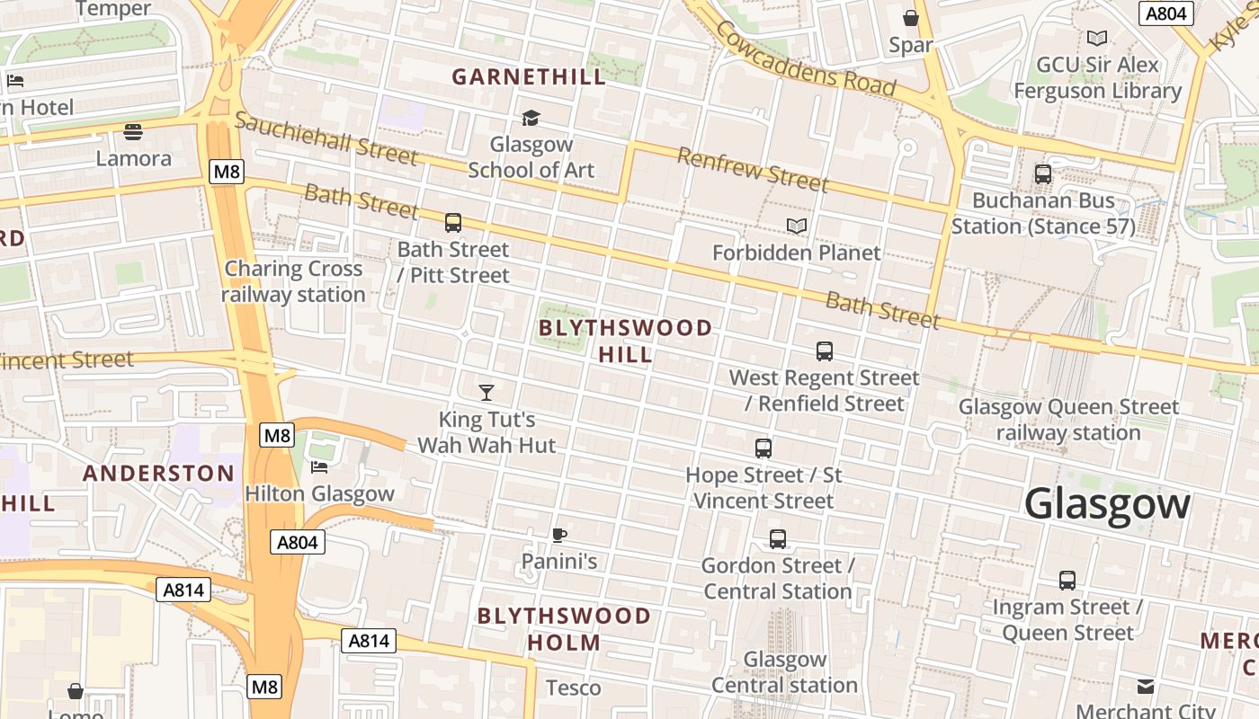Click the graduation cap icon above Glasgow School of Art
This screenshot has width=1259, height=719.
[x=531, y=118]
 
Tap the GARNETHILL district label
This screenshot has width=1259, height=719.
[x=529, y=77]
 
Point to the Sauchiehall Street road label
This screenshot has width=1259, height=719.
[x=326, y=139]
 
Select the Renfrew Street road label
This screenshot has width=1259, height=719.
[x=752, y=170]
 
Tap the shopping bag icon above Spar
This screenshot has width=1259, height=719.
[x=910, y=18]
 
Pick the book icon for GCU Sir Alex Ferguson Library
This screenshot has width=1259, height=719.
[x=1096, y=38]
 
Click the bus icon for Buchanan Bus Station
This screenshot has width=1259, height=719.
[x=1043, y=174]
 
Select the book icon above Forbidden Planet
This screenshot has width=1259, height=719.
[x=797, y=226]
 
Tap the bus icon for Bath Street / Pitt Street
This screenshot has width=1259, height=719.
[x=453, y=222]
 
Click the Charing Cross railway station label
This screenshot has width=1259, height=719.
[x=293, y=281]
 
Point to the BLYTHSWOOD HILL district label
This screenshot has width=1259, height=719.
[x=626, y=342]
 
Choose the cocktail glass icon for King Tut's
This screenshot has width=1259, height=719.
[x=487, y=392]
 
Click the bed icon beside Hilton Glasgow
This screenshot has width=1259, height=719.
[x=319, y=466]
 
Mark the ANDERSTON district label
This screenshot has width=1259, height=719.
[x=159, y=473]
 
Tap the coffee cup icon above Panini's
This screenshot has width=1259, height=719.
[x=559, y=536]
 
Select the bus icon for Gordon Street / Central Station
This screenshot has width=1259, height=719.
[x=778, y=539]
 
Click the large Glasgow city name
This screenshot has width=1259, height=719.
[x=1107, y=503]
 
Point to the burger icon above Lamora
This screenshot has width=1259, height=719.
[x=133, y=132]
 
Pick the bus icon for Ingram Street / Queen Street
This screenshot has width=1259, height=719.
[x=1067, y=581]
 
